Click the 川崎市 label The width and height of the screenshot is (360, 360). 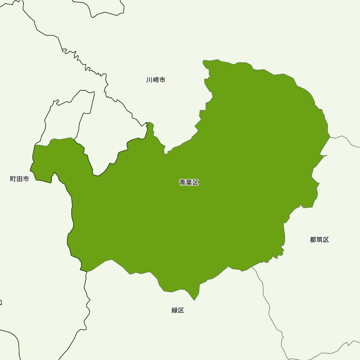(x=156, y=80)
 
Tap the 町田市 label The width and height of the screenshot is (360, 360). (x=19, y=179)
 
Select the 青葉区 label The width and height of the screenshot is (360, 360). (x=189, y=183)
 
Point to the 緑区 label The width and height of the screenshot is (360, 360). (x=178, y=310)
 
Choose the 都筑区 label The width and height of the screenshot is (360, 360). (x=319, y=240)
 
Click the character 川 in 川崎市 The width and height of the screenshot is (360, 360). (x=149, y=80)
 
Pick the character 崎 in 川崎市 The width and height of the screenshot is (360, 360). (x=156, y=80)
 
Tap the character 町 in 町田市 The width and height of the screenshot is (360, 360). (x=13, y=179)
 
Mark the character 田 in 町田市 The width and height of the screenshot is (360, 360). (x=19, y=179)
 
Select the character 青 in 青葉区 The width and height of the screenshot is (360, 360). (x=183, y=183)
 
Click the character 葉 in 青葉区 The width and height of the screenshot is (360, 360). (x=189, y=183)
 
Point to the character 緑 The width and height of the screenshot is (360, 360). (x=175, y=310)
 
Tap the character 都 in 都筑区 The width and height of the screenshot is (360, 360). (x=313, y=240)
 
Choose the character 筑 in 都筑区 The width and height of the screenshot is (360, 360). (x=319, y=240)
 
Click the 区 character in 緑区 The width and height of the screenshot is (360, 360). (x=181, y=310)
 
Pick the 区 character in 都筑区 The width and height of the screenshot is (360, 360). (x=326, y=240)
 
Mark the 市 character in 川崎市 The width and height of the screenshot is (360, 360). (x=162, y=80)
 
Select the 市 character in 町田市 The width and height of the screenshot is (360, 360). (x=26, y=179)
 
